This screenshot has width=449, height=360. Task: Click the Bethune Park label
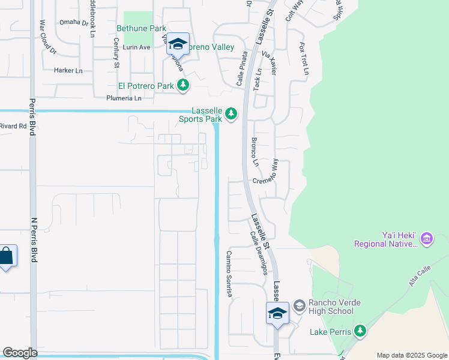click(x=141, y=28)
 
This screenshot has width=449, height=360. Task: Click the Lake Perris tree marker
click(x=360, y=331)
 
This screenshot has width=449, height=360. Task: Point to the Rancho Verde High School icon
click(x=299, y=307)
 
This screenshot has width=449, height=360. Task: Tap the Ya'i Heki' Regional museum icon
click(x=427, y=239)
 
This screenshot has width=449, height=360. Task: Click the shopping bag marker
click(x=6, y=257)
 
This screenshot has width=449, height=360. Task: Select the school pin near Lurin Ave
click(x=178, y=44)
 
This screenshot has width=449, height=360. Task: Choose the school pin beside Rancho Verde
click(x=278, y=314)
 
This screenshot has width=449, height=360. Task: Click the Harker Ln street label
click(x=68, y=70)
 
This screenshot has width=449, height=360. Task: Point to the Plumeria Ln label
click(x=124, y=98)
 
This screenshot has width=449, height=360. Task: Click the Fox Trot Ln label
click(x=304, y=58)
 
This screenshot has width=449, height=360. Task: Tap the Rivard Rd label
click(x=13, y=126)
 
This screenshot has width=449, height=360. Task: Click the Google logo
click(x=20, y=353)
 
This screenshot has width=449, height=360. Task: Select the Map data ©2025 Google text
click(x=412, y=355)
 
